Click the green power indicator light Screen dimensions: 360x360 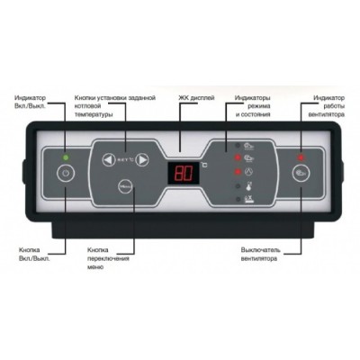(66, 157)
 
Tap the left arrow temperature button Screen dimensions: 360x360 (108, 159)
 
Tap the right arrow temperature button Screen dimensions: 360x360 (142, 159)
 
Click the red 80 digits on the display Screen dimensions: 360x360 (183, 173)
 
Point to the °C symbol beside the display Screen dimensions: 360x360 (204, 165)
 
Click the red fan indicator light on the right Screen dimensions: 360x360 (301, 157)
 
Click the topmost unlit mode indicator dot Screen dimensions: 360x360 (238, 146)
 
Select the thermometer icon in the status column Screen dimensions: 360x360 (248, 186)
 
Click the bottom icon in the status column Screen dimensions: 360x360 (249, 200)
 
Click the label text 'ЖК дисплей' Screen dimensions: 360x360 (196, 98)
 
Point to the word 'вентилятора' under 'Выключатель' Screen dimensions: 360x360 (259, 258)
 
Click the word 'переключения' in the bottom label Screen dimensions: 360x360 (108, 258)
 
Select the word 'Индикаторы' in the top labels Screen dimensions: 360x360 (253, 98)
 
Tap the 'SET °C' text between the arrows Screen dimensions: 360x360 (125, 160)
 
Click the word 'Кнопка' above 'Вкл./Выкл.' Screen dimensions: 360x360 (29, 250)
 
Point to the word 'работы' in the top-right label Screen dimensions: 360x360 (334, 106)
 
